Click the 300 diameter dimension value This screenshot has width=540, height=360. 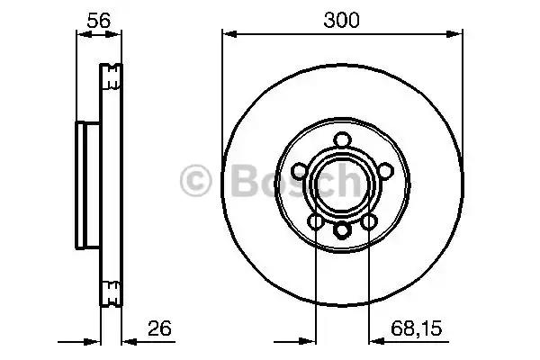coord(342,20)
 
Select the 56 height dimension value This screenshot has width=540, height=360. coord(98,20)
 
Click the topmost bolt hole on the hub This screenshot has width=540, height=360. coord(343,139)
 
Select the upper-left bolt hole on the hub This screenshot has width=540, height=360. coord(300,170)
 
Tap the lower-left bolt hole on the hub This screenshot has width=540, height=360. coord(316,221)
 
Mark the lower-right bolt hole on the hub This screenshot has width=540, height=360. coord(370,221)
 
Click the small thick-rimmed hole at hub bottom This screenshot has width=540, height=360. coord(343,230)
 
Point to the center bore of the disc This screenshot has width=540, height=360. coord(343,184)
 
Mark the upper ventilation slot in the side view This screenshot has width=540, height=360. coord(112,76)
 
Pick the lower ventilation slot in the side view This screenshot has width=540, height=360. coord(112,292)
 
